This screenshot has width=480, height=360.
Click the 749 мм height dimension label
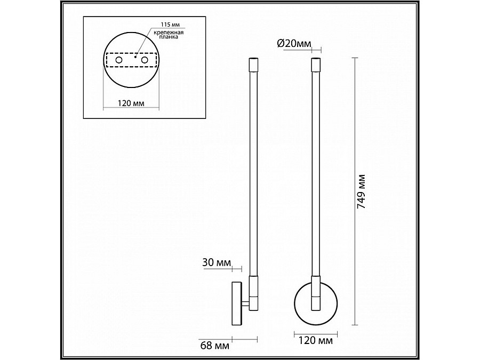(x=362, y=191)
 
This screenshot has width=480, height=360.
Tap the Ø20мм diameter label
(x=294, y=44)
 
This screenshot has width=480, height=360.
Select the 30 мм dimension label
(x=217, y=262)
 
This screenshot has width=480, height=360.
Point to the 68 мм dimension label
(x=215, y=346)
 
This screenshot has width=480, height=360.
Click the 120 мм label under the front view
(x=315, y=340)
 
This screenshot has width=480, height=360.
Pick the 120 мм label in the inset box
(x=131, y=103)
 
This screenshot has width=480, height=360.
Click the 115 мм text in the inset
(x=171, y=25)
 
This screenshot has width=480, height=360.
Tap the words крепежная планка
(x=169, y=35)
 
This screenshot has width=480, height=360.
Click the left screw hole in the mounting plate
(x=118, y=60)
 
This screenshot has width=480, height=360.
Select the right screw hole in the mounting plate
(x=145, y=60)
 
